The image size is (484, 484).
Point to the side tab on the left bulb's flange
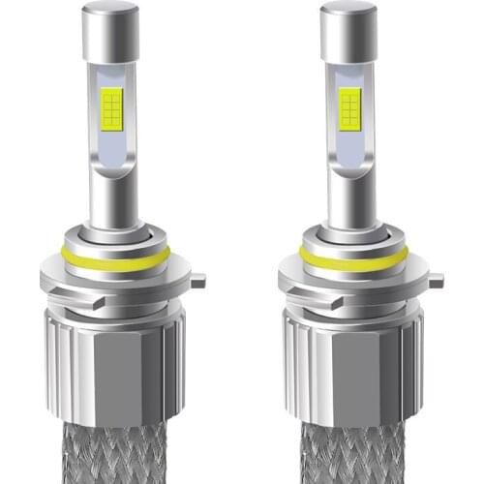[197, 282]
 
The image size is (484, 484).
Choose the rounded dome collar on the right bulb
[348, 237]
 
